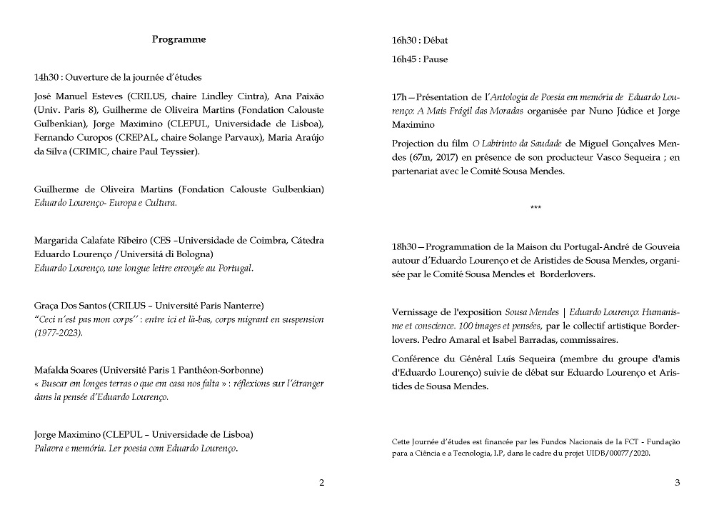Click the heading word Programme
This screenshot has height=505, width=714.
coord(178,40)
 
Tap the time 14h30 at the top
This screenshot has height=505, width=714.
coord(46,77)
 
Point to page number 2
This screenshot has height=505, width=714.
coord(321,483)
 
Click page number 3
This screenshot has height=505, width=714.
coord(677,483)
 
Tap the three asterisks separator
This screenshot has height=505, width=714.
coord(535,208)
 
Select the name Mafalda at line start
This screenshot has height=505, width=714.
coord(51,370)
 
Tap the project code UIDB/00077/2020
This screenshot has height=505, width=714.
coord(619,453)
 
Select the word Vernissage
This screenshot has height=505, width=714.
coord(415,312)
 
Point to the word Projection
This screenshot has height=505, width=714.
coord(413,144)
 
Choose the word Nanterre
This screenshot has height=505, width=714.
coord(242,306)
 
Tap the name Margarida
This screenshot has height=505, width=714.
coord(55,241)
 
